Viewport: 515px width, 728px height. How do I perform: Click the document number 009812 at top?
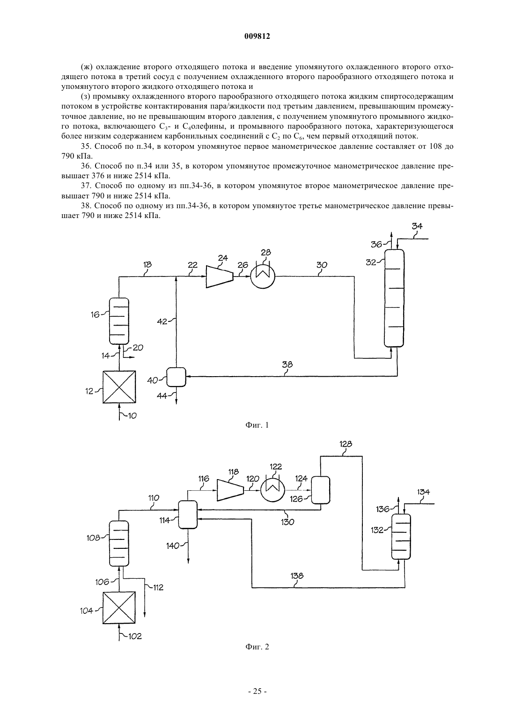(x=257, y=36)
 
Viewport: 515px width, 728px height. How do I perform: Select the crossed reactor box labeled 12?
(x=119, y=387)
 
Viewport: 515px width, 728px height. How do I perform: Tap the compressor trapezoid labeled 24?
(x=220, y=277)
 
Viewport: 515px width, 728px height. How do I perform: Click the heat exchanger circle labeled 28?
(x=263, y=277)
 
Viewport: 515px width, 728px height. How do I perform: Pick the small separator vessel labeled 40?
(x=176, y=377)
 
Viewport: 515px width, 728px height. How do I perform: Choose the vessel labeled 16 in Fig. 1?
(x=119, y=321)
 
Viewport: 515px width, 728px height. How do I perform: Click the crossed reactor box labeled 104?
(x=119, y=608)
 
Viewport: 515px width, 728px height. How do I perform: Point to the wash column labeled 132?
(x=401, y=537)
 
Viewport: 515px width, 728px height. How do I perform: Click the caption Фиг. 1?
(x=257, y=425)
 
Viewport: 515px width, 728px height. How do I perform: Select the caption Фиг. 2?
(x=257, y=647)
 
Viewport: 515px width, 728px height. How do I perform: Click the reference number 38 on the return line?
(x=287, y=364)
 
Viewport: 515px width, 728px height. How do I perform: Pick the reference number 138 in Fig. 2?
(x=297, y=576)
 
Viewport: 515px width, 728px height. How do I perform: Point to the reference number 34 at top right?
(x=417, y=226)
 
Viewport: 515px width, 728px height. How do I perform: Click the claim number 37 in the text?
(x=86, y=186)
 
